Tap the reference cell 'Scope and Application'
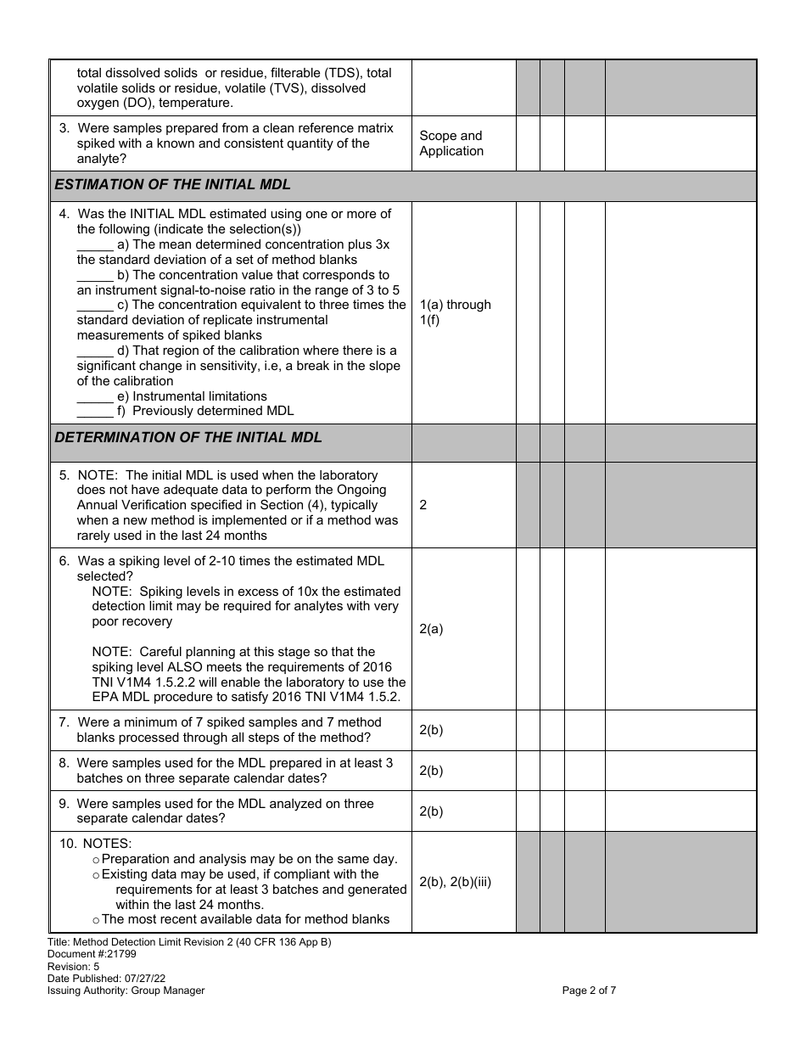click(451, 143)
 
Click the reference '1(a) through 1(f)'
click(455, 312)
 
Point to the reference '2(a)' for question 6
click(431, 629)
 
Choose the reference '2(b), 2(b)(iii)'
click(455, 882)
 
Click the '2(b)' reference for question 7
click(431, 730)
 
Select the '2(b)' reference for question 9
click(431, 811)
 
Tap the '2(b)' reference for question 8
click(431, 771)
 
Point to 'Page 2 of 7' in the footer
click(589, 990)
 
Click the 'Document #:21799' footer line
click(92, 954)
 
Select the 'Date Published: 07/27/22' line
click(106, 978)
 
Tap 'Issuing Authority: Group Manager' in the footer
click(126, 990)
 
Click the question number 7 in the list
click(64, 722)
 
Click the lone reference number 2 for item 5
click(423, 505)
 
